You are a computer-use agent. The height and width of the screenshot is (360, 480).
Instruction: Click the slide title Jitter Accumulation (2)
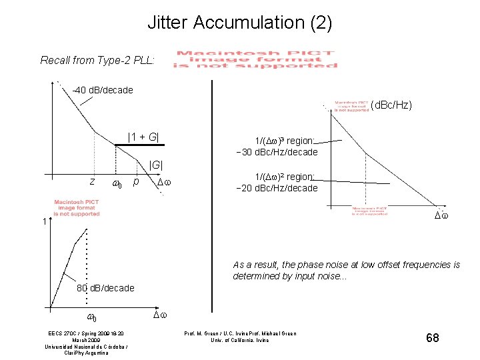click(x=239, y=23)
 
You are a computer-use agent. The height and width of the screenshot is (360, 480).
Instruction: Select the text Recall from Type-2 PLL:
click(x=97, y=60)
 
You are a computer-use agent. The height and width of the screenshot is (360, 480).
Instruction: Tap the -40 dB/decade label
click(x=103, y=90)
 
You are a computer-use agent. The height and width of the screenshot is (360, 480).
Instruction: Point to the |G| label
click(x=156, y=164)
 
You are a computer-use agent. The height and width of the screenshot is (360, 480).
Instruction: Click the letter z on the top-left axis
click(x=92, y=181)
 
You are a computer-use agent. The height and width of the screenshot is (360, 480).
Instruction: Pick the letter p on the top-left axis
click(x=136, y=181)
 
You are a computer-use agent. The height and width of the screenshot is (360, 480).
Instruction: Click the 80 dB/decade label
click(x=105, y=288)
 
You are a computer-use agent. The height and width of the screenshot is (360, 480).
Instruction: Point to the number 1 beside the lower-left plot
click(x=43, y=222)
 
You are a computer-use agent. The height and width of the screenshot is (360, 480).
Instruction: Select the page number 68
click(x=433, y=338)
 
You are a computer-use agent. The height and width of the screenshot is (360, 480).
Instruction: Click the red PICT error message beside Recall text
click(x=255, y=59)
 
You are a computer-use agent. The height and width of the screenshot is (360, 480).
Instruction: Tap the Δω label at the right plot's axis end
click(x=442, y=216)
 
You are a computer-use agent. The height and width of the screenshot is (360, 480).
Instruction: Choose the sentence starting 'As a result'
click(x=346, y=270)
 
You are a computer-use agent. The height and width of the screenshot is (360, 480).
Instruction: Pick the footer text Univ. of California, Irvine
click(x=240, y=340)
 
